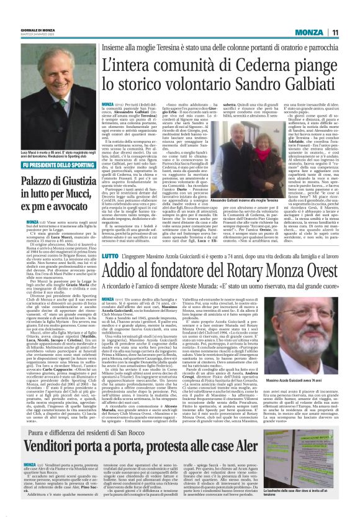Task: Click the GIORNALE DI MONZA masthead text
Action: (20, 30)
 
